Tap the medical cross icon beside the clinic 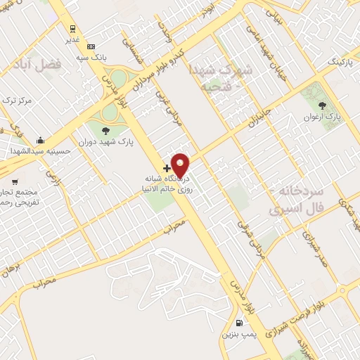point(167,168)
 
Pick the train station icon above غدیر point(72,29)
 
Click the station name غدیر point(72,40)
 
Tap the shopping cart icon point(15,171)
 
